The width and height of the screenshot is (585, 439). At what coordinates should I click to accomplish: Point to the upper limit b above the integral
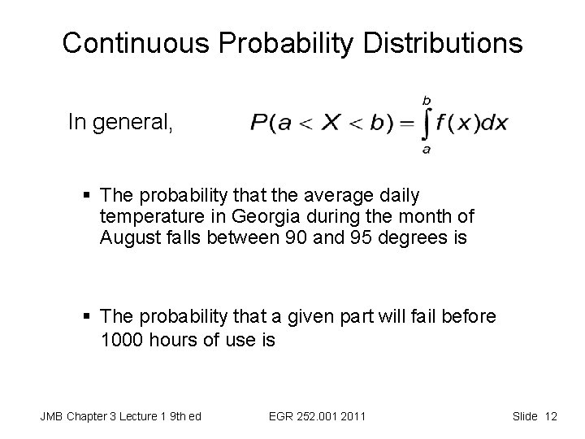pyautogui.click(x=426, y=99)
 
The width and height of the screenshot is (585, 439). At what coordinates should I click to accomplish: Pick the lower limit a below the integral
pyautogui.click(x=426, y=150)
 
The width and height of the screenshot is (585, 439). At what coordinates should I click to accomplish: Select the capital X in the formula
pyautogui.click(x=333, y=124)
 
